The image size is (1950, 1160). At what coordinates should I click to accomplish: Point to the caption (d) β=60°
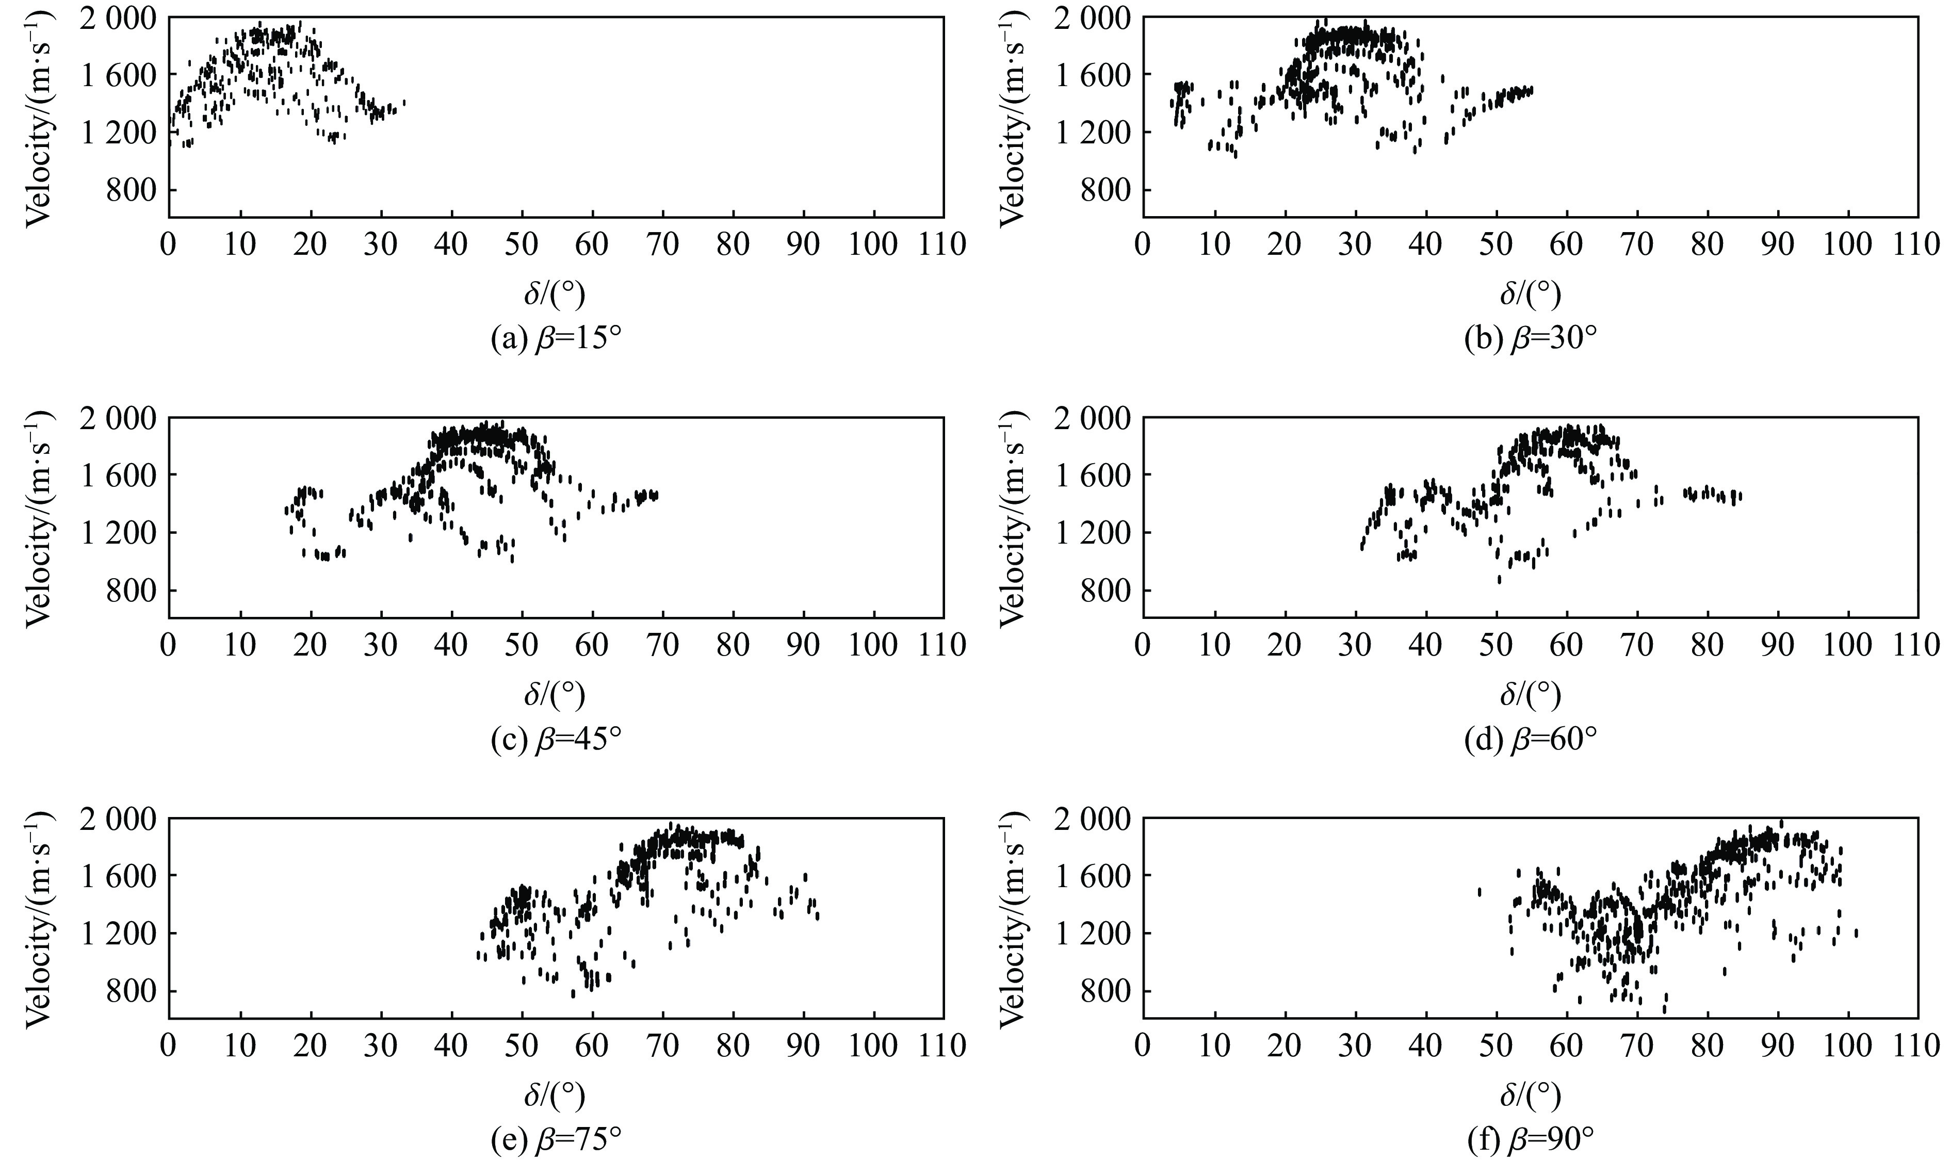pos(1530,740)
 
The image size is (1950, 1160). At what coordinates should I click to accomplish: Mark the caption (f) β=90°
pos(1530,1142)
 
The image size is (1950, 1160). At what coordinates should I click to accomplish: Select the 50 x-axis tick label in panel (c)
pos(522,645)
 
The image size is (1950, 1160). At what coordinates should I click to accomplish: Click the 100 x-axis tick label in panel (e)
pos(872,1045)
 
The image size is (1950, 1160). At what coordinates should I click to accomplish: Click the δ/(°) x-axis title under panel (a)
pos(556,295)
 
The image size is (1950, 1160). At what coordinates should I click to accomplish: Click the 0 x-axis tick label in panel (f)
pos(1143,1045)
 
